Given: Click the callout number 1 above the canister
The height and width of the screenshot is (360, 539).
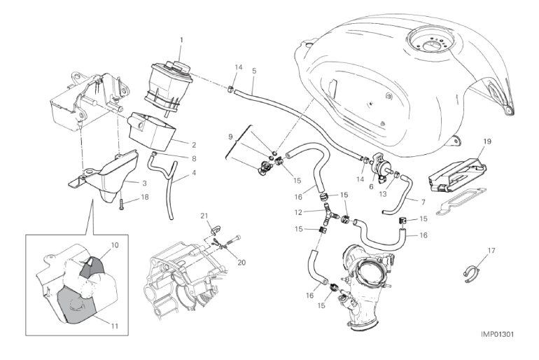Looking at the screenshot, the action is pos(181,40).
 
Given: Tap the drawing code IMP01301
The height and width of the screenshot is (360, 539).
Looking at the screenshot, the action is pos(497,335).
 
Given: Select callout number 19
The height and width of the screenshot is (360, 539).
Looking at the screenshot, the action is pos(487,141).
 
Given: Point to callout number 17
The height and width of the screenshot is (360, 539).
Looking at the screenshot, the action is pos(491,251).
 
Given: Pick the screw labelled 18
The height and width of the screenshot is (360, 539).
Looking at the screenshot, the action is pos(122,205).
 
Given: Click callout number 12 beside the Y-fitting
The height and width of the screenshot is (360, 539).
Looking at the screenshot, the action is pos(298,212).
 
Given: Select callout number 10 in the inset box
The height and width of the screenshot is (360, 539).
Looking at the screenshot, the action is pos(115,245).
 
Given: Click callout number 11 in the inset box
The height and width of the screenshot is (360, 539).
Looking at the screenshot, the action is pos(115,326).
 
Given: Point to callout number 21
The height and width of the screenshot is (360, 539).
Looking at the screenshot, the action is pos(204,216).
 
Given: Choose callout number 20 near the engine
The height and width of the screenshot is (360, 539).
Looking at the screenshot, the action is pos(241,263).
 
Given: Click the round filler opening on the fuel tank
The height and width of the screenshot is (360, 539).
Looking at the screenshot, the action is pos(430,43).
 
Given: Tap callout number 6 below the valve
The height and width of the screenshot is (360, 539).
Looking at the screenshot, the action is pos(371,187).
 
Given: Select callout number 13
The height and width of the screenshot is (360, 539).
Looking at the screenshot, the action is pos(383,194).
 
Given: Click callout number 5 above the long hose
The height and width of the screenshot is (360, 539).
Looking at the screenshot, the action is pos(254,71).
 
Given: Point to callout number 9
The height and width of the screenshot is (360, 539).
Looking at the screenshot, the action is pos(231,137).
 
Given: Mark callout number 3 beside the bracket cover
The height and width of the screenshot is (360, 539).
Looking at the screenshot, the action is pos(145,184).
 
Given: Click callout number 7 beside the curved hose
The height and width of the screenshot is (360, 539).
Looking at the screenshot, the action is pos(423,202).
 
